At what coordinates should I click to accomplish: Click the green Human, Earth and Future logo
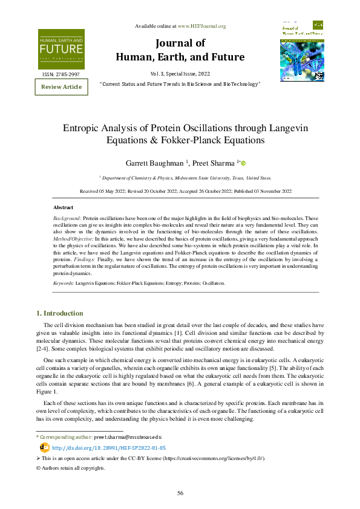62,49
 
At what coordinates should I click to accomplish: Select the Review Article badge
61,87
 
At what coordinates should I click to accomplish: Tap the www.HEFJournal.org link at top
201,26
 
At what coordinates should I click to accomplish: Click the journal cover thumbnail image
302,51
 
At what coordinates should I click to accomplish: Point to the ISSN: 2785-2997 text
61,74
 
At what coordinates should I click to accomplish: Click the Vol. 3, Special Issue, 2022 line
180,73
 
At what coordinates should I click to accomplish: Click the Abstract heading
64,207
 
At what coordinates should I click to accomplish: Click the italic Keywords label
64,283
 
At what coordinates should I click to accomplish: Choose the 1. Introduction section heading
60,313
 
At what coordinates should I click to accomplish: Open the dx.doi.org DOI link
100,448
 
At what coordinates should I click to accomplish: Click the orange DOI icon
44,447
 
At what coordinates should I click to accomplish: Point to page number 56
180,493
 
